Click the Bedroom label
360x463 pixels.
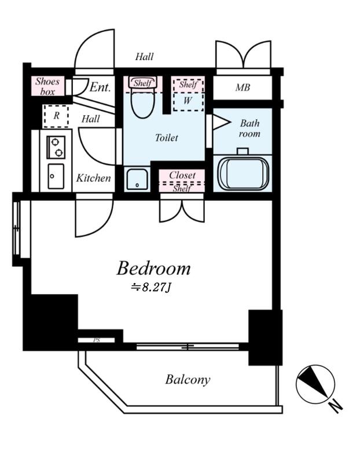coord(153,269)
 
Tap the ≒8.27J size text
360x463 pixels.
coord(151,287)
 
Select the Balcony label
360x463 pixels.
coord(188,380)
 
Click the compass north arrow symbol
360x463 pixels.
coord(315,384)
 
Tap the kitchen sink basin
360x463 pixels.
coord(56,177)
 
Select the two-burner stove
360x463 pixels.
coord(56,147)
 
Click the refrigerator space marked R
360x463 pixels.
coord(56,116)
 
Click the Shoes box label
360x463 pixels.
coord(47,86)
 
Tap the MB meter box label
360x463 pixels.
coord(243,87)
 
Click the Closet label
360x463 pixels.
coord(182,175)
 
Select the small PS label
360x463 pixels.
coord(97,340)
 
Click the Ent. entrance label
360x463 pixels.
coord(100,87)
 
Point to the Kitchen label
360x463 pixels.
coord(93,178)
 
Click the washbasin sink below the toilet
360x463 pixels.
coord(137,179)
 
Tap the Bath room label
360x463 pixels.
coord(249,128)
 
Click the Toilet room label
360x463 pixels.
coord(167,138)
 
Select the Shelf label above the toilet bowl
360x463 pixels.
coord(143,83)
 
